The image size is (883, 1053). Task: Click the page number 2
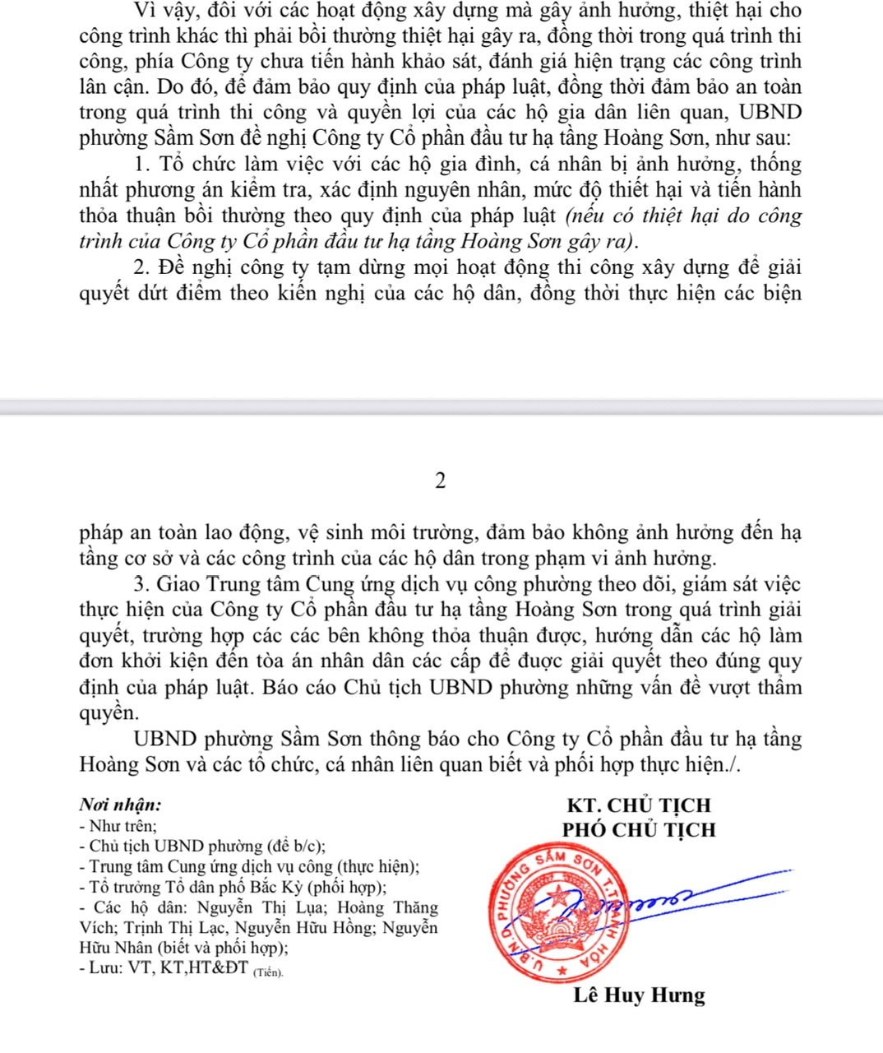pos(441,481)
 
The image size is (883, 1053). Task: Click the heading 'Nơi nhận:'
pos(120,805)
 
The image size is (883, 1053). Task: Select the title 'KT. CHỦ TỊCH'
pos(639,805)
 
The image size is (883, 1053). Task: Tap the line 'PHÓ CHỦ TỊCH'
pos(639,830)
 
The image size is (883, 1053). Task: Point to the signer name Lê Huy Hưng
pos(639,995)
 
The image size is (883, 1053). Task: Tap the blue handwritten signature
pos(658,897)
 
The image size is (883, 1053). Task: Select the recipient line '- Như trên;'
pos(118,825)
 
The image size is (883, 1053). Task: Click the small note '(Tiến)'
pos(268,972)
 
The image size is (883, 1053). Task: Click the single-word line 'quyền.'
pos(106,713)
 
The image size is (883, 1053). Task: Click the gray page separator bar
pos(441,406)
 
